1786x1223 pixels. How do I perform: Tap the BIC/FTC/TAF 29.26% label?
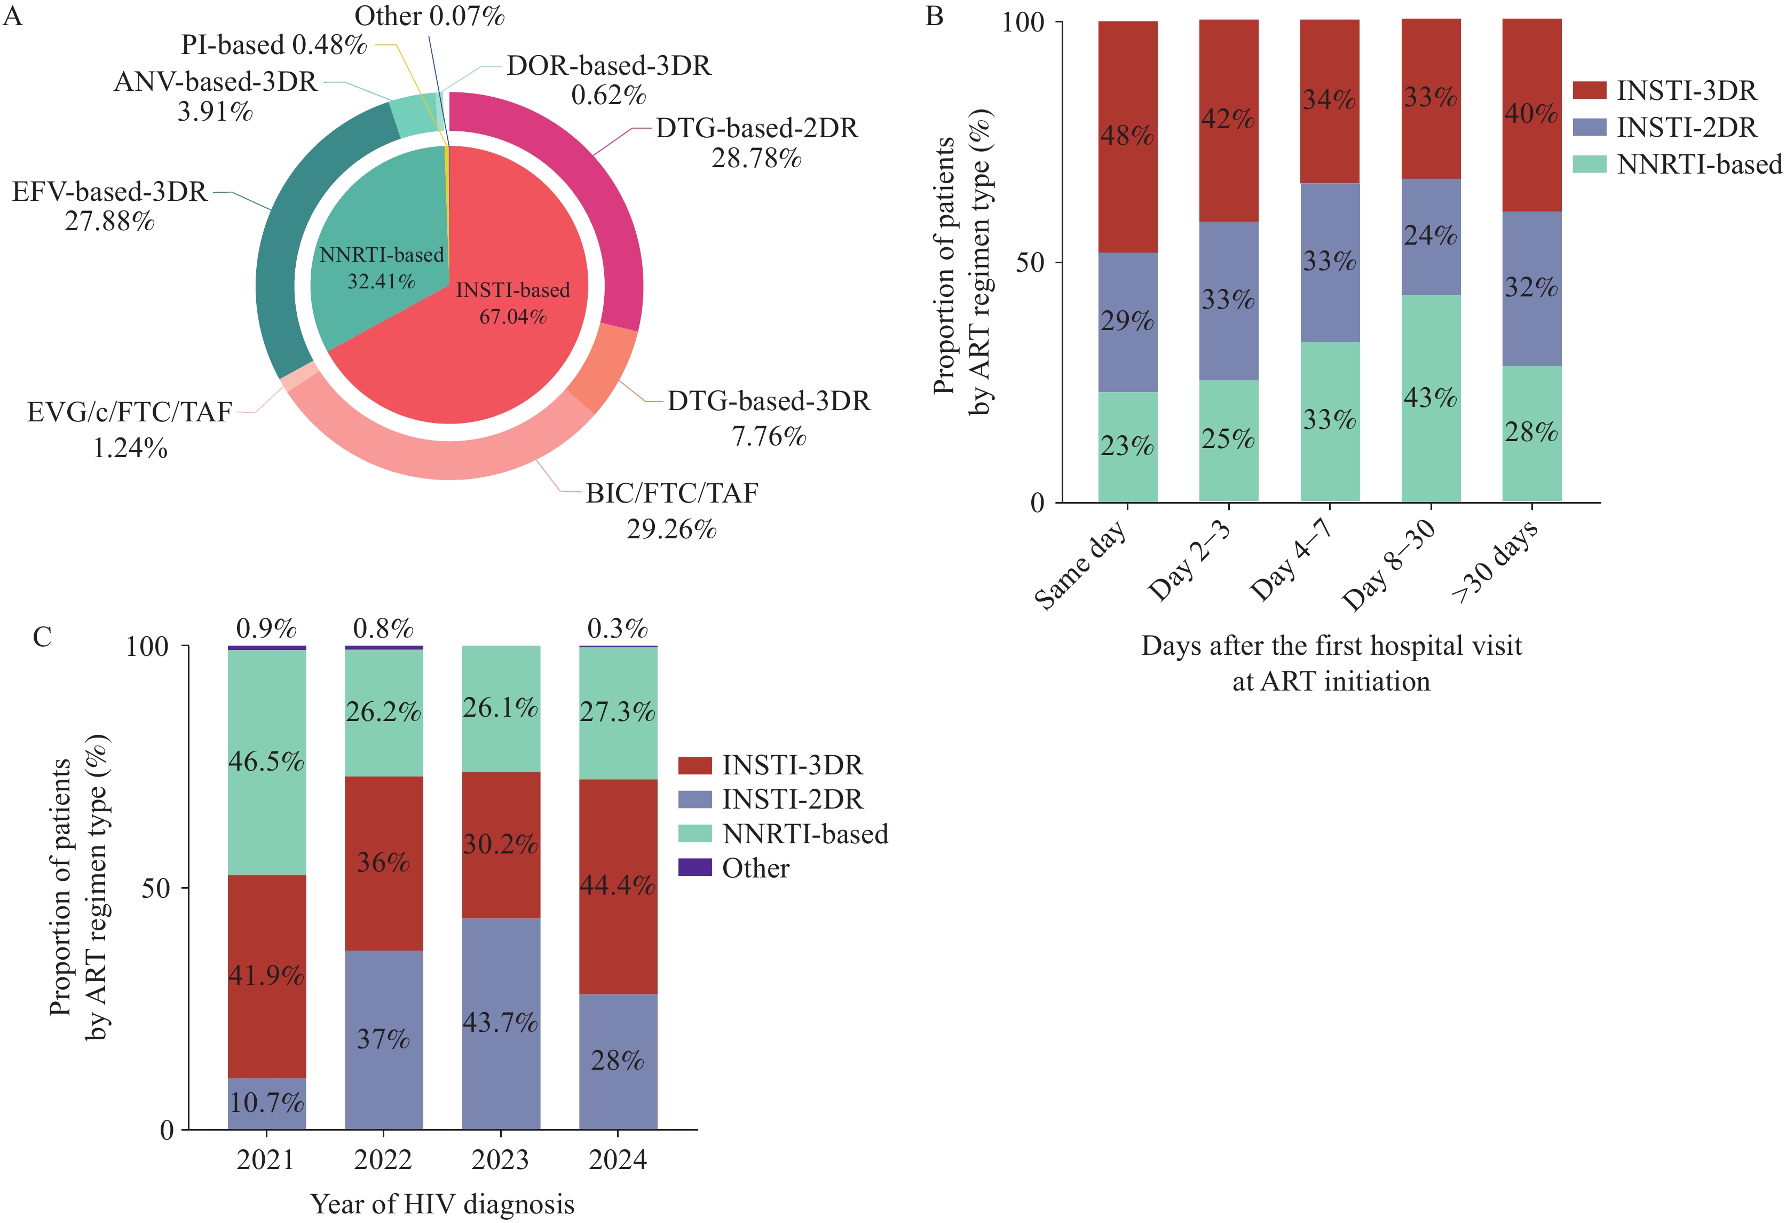click(671, 511)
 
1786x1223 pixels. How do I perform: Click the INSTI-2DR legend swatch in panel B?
click(1589, 127)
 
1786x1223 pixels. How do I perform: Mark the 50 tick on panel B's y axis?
click(1030, 263)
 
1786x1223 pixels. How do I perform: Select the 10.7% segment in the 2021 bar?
click(267, 1103)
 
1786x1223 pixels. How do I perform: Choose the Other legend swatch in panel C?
click(695, 868)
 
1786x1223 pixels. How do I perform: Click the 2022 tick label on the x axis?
click(383, 1159)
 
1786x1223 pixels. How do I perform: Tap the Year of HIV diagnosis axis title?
click(442, 1204)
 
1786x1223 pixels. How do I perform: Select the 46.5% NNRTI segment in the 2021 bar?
click(267, 762)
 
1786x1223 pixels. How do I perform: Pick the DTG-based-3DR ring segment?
click(603, 365)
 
